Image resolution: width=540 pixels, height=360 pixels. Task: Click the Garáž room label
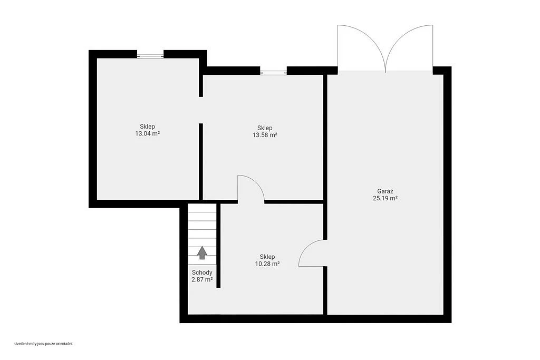(x=385, y=191)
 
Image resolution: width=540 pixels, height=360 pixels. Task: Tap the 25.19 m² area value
(x=385, y=198)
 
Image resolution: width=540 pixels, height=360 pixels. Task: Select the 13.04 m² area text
(x=148, y=133)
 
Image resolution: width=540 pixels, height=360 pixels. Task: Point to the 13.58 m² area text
(x=265, y=135)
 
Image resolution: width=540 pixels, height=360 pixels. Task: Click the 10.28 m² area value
(x=267, y=264)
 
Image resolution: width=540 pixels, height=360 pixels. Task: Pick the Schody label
(x=202, y=273)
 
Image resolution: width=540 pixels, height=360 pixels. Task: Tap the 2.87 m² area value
(x=202, y=279)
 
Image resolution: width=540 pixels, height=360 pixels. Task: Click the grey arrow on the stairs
(x=202, y=252)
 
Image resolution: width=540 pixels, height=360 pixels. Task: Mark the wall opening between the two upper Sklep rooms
(x=201, y=110)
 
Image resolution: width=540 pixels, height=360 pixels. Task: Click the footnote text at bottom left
(x=44, y=344)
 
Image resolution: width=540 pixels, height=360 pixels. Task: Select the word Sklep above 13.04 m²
(x=148, y=127)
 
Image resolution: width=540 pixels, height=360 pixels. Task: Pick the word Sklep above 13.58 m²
(x=265, y=128)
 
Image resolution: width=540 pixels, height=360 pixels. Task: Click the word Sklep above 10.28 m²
(x=267, y=257)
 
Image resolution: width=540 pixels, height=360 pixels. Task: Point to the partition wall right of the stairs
(x=218, y=246)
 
